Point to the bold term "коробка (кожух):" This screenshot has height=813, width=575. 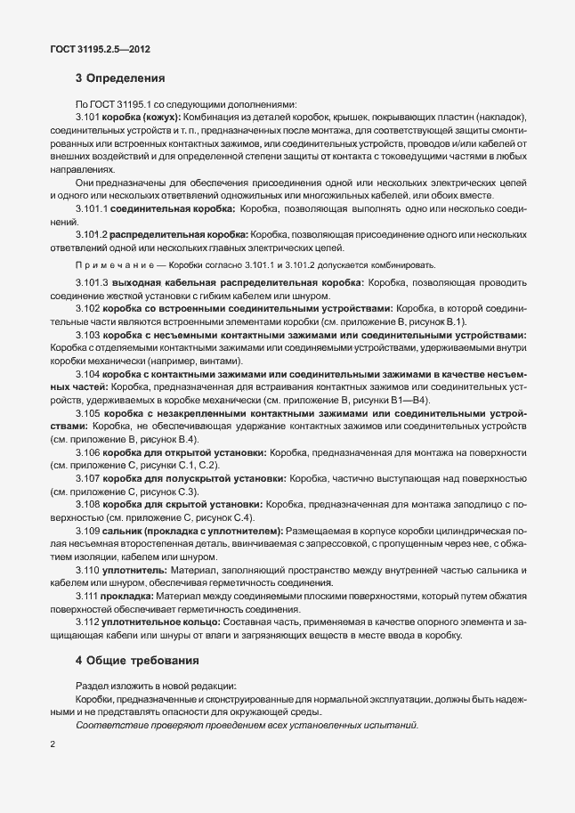142,118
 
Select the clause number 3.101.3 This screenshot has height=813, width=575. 93,281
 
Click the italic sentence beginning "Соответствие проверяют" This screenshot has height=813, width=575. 247,725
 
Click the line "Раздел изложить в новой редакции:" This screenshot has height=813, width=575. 157,686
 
